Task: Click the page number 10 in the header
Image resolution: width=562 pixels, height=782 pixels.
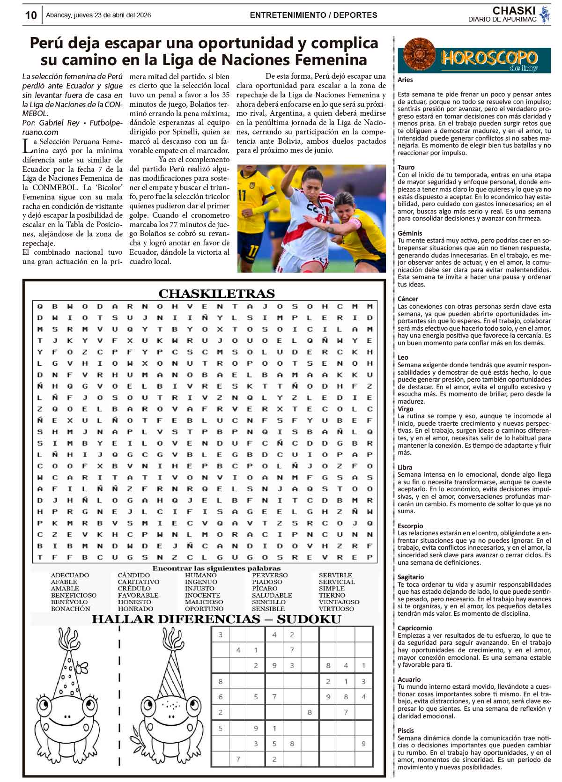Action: click(x=31, y=15)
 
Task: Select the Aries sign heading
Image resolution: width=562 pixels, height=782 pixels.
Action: click(x=405, y=80)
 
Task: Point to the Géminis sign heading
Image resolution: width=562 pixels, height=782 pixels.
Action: click(x=409, y=233)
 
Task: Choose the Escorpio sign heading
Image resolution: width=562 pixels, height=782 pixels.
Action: click(x=410, y=526)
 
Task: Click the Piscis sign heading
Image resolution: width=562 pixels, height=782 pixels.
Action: click(x=406, y=730)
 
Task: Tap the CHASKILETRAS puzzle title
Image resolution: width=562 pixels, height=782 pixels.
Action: click(x=216, y=294)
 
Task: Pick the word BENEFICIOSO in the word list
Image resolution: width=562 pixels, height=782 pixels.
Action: click(x=74, y=595)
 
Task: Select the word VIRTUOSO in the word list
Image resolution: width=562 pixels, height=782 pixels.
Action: click(x=336, y=609)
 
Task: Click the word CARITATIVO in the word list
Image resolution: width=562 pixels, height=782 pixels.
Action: click(x=138, y=582)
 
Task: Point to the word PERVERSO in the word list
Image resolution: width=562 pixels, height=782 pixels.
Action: click(x=270, y=575)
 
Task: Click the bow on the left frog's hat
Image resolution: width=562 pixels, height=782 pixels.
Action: click(x=83, y=665)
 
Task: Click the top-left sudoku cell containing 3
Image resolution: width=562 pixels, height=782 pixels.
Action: click(x=221, y=635)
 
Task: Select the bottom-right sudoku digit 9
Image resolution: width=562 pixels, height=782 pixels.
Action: click(x=363, y=744)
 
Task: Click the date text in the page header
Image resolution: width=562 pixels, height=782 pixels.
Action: click(x=98, y=15)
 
